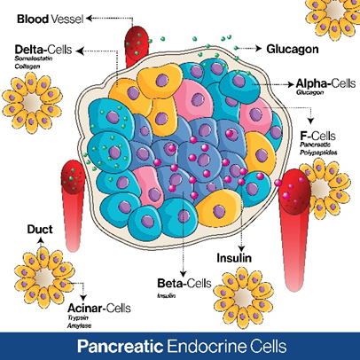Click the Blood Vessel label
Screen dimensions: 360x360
tap(51, 20)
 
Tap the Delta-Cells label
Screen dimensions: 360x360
tap(43, 50)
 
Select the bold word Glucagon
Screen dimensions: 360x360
tap(293, 49)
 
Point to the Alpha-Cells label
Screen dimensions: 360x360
tap(325, 83)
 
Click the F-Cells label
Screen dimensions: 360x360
tap(318, 137)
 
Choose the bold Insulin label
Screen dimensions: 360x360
tap(234, 258)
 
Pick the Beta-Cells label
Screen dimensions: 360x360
tap(184, 283)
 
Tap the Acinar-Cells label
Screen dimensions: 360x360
tap(99, 309)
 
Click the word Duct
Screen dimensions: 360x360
tap(40, 230)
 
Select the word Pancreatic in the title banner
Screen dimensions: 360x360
tap(121, 346)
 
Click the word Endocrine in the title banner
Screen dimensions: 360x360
tap(207, 346)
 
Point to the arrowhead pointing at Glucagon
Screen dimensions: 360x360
tap(259, 48)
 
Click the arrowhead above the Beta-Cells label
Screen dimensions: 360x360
tap(184, 273)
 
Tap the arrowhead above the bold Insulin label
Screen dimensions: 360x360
tap(241, 248)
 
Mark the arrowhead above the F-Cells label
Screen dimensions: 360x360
tap(310, 121)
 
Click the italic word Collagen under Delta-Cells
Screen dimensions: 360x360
tap(27, 67)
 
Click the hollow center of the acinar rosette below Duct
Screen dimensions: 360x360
tap(44, 278)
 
